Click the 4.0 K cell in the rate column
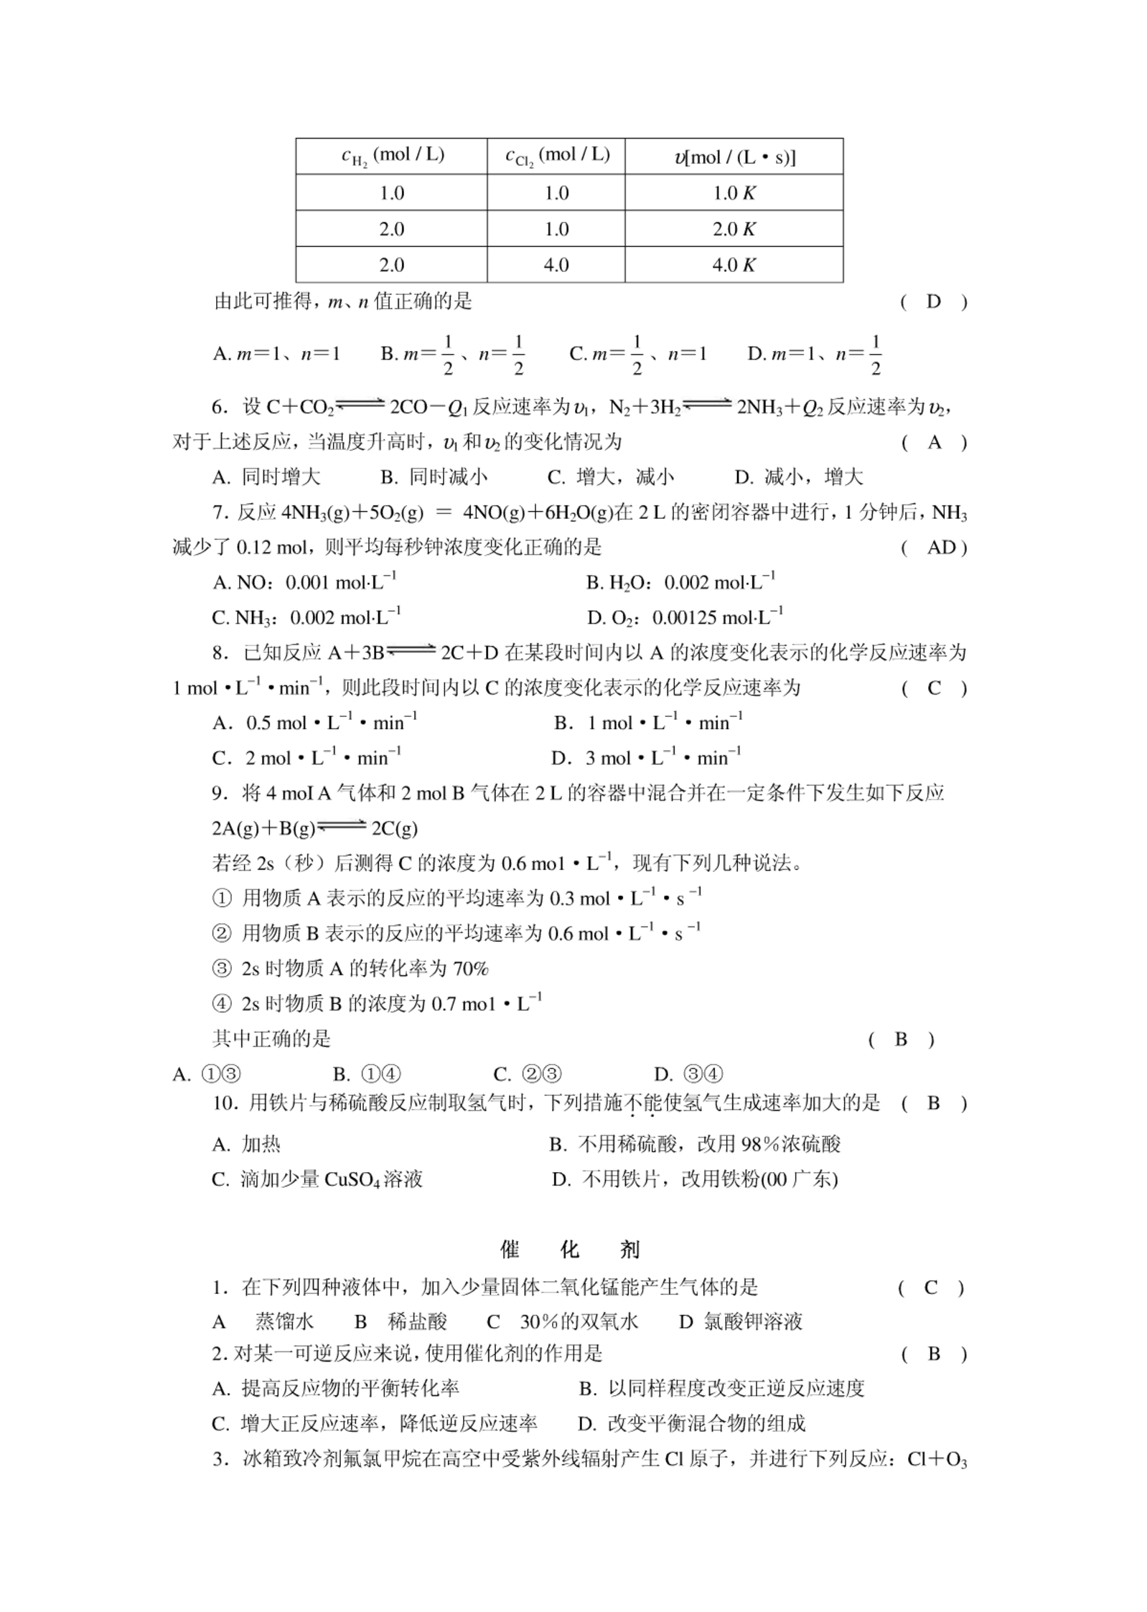pyautogui.click(x=733, y=265)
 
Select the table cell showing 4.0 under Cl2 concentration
pyautogui.click(x=556, y=265)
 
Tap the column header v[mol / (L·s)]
pyautogui.click(x=734, y=156)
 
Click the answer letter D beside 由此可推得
pyautogui.click(x=932, y=301)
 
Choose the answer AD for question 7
pyautogui.click(x=941, y=548)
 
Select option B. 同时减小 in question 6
pyautogui.click(x=434, y=477)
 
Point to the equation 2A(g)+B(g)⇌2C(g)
pyautogui.click(x=314, y=828)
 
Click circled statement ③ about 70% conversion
pyautogui.click(x=350, y=968)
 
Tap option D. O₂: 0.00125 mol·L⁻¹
pyautogui.click(x=684, y=617)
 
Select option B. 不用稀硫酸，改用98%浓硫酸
pyautogui.click(x=694, y=1144)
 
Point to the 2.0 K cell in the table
pyautogui.click(x=733, y=229)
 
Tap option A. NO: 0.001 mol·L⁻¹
pyautogui.click(x=304, y=582)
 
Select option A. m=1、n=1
pyautogui.click(x=276, y=353)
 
